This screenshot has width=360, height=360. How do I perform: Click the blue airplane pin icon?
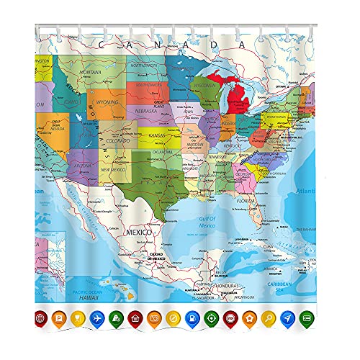pyautogui.click(x=97, y=318)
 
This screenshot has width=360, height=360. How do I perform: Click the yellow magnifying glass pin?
pyautogui.click(x=268, y=318)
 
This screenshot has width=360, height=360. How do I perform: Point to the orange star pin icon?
pyautogui.click(x=249, y=318)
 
